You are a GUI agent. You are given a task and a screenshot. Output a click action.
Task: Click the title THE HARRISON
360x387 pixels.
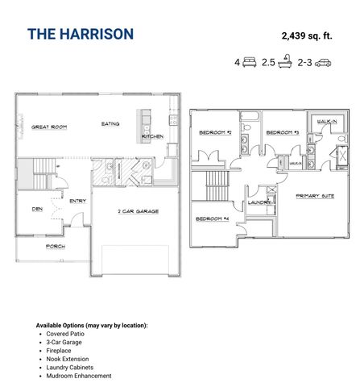click(x=81, y=35)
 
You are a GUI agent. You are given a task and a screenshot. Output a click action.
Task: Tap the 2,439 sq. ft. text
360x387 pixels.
click(x=307, y=35)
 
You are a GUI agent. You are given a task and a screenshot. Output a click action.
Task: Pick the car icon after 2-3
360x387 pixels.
click(x=322, y=61)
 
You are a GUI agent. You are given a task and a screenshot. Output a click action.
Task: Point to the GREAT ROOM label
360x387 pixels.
click(x=48, y=127)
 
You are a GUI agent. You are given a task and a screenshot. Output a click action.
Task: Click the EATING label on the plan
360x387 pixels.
click(x=111, y=124)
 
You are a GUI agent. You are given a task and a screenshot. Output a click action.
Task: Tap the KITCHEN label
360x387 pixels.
click(x=153, y=136)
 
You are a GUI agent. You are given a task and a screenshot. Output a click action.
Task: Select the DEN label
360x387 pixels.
click(x=37, y=208)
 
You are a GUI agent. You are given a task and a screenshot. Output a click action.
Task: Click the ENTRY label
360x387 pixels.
click(x=78, y=201)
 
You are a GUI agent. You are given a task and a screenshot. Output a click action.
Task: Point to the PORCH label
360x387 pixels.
click(x=56, y=246)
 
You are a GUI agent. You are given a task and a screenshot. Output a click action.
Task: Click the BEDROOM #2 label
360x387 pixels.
click(x=216, y=132)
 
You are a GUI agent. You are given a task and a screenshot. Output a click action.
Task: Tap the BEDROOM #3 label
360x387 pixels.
click(x=283, y=132)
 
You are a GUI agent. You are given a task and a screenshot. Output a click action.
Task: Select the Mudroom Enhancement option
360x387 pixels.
click(x=79, y=376)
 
